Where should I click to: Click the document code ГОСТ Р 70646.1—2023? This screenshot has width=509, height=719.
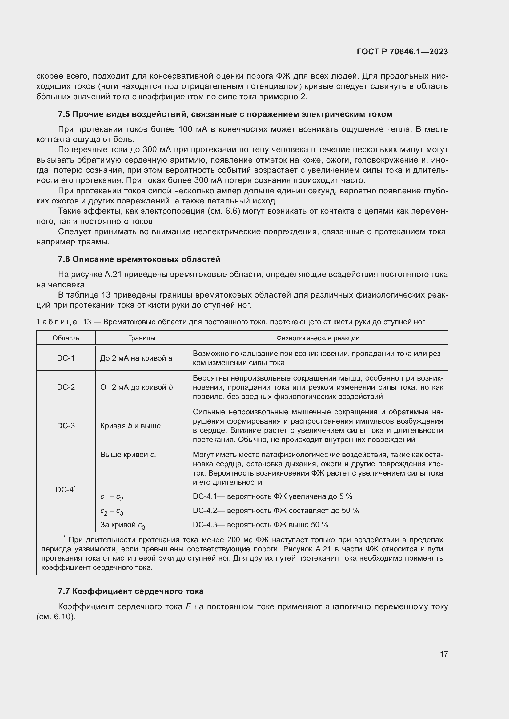[402, 52]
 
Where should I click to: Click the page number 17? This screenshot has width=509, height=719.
[443, 654]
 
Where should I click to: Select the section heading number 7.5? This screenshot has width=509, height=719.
[64, 114]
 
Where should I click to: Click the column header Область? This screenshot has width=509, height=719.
[66, 338]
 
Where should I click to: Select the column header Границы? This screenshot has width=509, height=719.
[141, 338]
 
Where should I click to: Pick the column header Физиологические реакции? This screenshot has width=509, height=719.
[318, 338]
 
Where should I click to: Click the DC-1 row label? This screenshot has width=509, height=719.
[66, 358]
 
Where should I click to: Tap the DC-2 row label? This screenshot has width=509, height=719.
[66, 387]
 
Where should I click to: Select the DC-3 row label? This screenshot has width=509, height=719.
[66, 425]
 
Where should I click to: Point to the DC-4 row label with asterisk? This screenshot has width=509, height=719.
[66, 489]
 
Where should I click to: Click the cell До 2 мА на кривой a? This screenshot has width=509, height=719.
[136, 358]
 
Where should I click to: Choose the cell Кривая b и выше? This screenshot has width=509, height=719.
[130, 425]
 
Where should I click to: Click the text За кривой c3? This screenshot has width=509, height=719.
[122, 525]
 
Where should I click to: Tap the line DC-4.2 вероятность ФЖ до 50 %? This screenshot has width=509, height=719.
[276, 511]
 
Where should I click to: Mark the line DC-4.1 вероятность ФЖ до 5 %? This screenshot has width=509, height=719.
[272, 496]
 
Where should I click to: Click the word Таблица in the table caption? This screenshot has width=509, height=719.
[57, 322]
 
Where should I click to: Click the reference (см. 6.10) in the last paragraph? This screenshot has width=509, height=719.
[56, 617]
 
